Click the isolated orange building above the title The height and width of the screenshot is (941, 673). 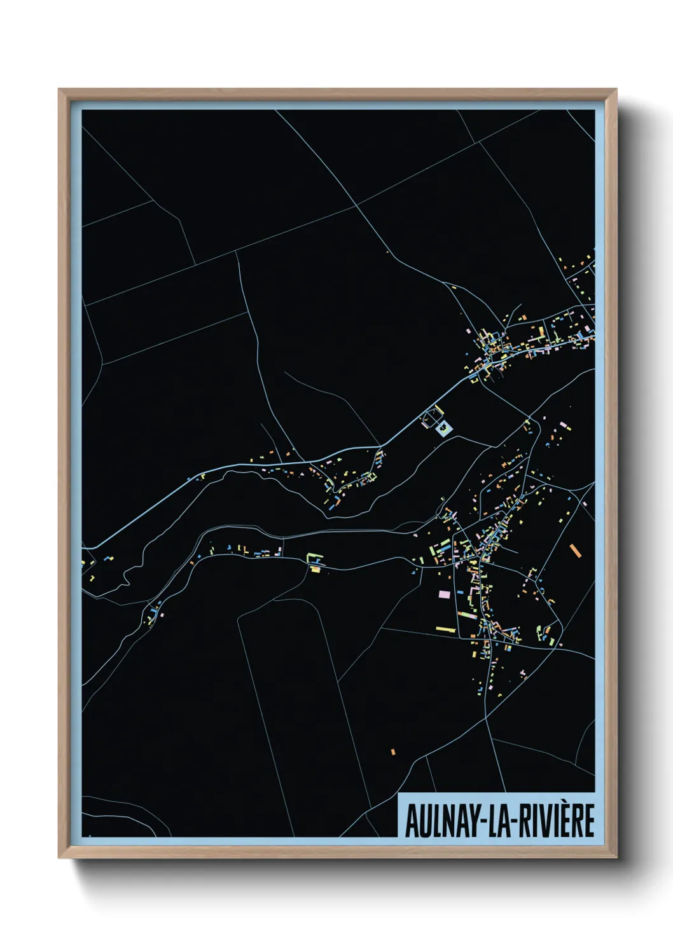393,752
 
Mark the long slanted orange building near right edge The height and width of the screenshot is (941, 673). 576,551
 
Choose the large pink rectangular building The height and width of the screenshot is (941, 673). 444,594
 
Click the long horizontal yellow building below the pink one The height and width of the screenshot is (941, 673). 445,629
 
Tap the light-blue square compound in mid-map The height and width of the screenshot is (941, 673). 443,429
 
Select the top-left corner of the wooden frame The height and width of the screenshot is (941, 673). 59,90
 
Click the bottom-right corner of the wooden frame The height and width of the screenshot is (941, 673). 616,857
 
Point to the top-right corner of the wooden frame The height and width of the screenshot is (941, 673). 616,90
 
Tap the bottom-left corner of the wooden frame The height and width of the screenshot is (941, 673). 59,857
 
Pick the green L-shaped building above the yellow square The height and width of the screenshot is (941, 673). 314,559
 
